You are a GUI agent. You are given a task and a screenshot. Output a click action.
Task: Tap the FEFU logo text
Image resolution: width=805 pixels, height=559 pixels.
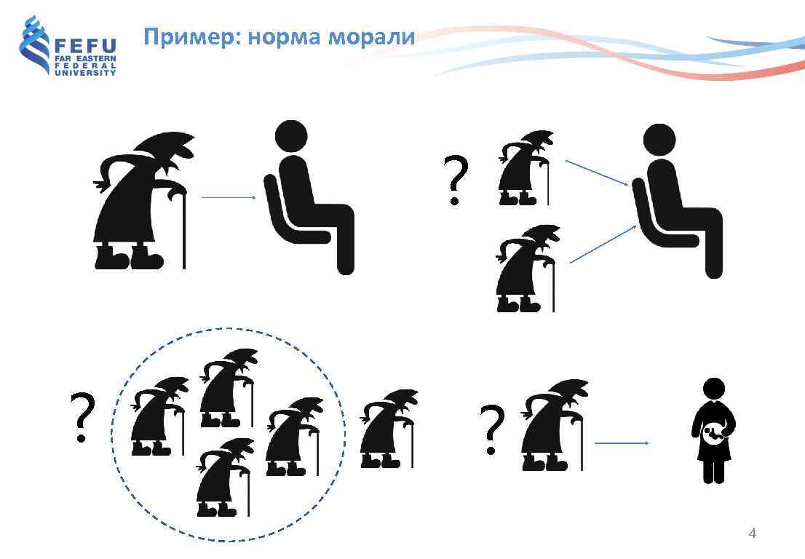click(x=85, y=44)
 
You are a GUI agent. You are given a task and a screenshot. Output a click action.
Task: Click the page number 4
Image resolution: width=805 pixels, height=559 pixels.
click(x=753, y=534)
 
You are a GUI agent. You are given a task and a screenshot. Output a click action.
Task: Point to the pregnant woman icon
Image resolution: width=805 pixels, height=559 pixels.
click(x=714, y=429)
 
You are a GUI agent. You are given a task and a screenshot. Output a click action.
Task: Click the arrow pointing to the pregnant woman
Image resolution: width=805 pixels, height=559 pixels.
click(x=622, y=443)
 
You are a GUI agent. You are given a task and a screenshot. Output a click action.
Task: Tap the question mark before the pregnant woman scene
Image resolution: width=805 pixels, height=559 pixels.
click(x=492, y=429)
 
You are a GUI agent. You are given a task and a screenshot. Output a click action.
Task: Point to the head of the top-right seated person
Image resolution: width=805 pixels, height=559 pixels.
click(x=659, y=140)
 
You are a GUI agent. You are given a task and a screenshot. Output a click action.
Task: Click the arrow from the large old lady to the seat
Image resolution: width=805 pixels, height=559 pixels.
click(x=228, y=197)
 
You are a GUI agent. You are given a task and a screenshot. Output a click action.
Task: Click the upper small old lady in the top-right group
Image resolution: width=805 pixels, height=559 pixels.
click(x=525, y=167)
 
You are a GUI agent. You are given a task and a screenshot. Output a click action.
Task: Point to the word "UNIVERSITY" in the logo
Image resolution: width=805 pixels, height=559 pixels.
click(x=85, y=73)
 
